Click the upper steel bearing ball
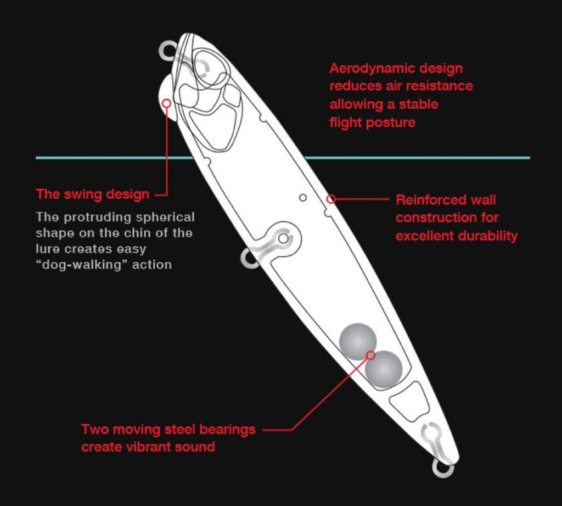click(x=358, y=342)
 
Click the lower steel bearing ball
click(x=384, y=370)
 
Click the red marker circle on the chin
click(x=166, y=103)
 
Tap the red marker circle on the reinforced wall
click(x=331, y=199)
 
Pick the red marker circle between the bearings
click(x=370, y=355)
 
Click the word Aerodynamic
click(x=373, y=69)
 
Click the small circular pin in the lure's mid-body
click(x=303, y=197)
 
